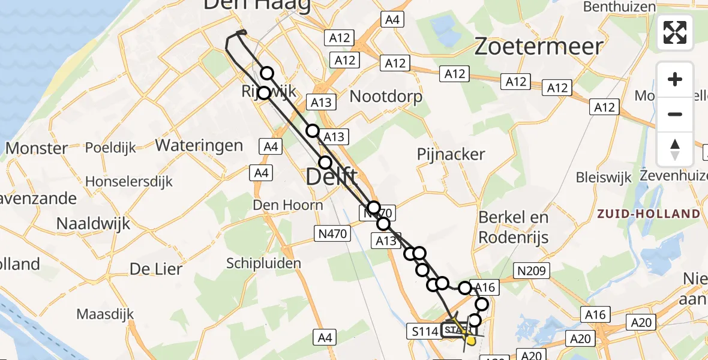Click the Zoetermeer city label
(538, 46)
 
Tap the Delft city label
(331, 178)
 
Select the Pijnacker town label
(451, 154)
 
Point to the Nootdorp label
(386, 97)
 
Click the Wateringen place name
(199, 145)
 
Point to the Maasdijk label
(105, 314)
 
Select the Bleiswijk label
(604, 178)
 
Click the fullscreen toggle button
(675, 32)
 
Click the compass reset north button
(675, 149)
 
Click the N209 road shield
(531, 271)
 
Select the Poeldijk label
(110, 148)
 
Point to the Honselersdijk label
(128, 181)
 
